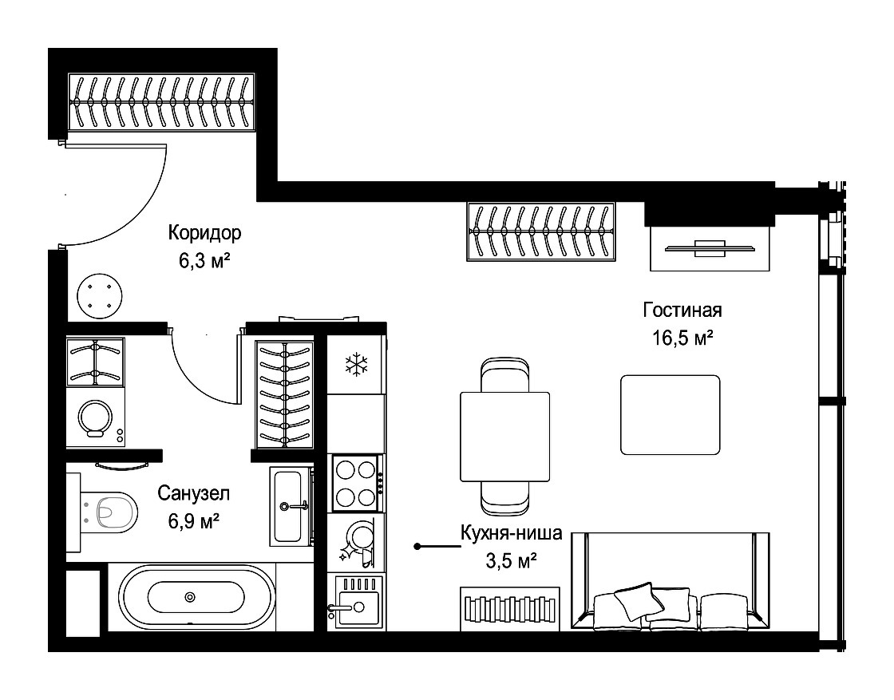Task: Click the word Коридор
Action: coord(204,232)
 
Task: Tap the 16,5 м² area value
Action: coord(682,338)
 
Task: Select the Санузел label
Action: coord(194,493)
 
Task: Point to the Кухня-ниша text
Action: coord(512,533)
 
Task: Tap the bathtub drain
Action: coord(190,597)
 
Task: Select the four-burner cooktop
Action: coord(356,484)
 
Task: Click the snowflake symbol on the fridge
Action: coord(357,364)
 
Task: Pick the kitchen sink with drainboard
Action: coord(358,601)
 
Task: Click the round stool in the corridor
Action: coord(100,295)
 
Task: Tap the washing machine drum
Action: coord(96,417)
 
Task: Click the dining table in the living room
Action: coord(504,436)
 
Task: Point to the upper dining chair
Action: coord(504,374)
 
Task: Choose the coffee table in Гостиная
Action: coord(670,414)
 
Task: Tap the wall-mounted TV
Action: coord(710,247)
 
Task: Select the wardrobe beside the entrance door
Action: coord(161,102)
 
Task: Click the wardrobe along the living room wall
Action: coord(541,231)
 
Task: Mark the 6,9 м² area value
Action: coord(194,520)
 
